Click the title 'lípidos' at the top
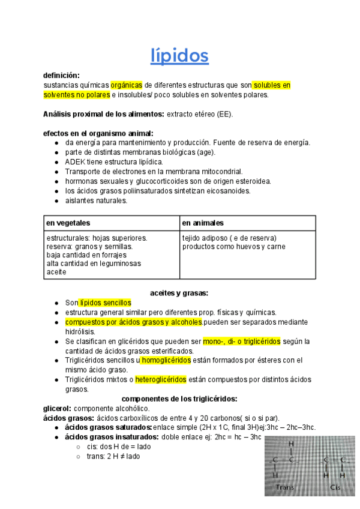pos(179,56)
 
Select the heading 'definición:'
pos(61,76)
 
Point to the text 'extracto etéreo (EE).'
pos(200,114)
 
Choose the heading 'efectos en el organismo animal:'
pos(98,133)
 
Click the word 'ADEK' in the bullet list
pos(76,162)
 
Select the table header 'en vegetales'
pos(68,223)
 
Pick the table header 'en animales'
pos(203,223)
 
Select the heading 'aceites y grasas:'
pos(179,293)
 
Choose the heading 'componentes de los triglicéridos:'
pos(179,399)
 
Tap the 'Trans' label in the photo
pos(284,487)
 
